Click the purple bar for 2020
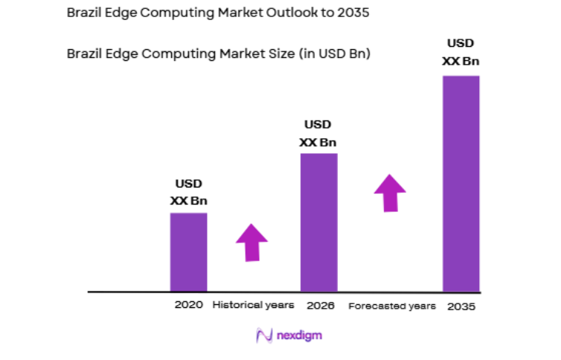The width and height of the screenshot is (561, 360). tap(188, 252)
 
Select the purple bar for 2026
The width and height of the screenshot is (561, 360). tap(318, 222)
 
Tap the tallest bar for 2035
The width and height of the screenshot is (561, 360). tap(461, 183)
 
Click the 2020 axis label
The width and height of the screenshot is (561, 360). tap(188, 305)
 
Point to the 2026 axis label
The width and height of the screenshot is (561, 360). tap(320, 306)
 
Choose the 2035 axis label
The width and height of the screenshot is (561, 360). tap(461, 306)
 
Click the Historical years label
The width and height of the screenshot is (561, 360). tap(253, 305)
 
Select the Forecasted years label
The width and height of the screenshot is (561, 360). tap(392, 306)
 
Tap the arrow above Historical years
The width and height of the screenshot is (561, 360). tap(251, 242)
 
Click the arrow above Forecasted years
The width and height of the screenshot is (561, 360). tap(390, 193)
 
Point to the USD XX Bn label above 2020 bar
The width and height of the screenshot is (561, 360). tap(188, 192)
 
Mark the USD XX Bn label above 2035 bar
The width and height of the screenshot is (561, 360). tap(461, 52)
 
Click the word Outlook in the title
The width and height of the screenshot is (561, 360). tap(265, 13)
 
